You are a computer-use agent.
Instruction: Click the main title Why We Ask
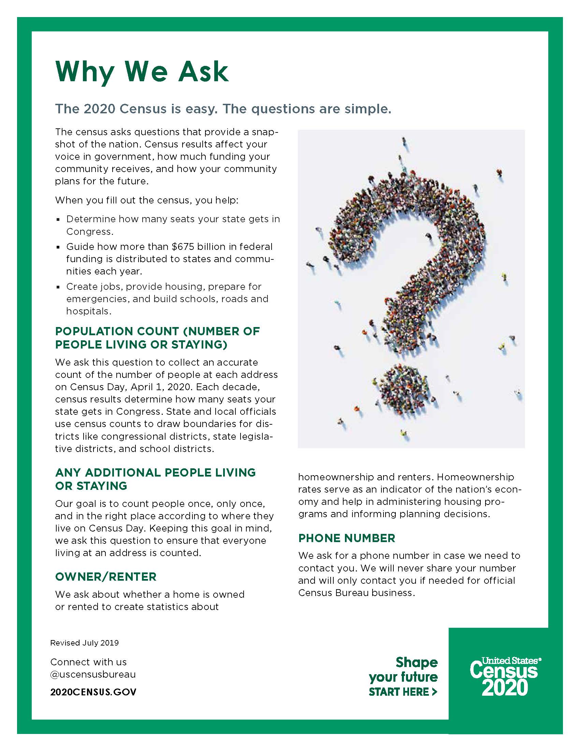(x=142, y=72)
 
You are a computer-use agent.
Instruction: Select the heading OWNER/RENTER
(x=105, y=577)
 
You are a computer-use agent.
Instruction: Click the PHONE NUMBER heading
(x=346, y=538)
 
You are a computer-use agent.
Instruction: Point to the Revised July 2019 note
(x=84, y=643)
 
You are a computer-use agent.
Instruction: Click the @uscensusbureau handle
(x=93, y=674)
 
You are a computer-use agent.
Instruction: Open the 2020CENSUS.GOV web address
(x=93, y=692)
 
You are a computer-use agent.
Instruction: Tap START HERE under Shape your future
(x=402, y=692)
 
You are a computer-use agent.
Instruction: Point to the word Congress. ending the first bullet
(x=90, y=231)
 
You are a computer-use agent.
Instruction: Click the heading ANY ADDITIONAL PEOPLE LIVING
(x=155, y=472)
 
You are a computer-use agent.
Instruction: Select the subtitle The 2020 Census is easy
(x=136, y=109)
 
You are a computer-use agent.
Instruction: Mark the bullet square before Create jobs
(x=58, y=287)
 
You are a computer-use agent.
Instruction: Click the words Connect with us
(x=88, y=662)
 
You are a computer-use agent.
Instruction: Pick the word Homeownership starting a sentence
(x=475, y=477)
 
